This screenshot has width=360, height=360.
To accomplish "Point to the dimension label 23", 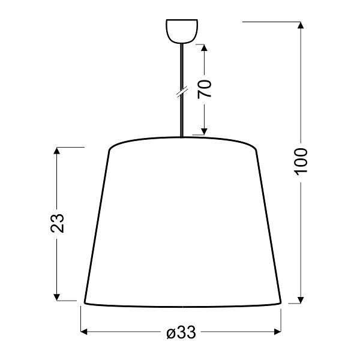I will [x=58, y=223].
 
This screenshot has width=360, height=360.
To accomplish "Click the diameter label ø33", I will [x=182, y=332].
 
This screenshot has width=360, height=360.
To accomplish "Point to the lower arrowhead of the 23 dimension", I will [x=58, y=296].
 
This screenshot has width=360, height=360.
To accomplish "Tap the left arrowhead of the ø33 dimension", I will [x=85, y=332].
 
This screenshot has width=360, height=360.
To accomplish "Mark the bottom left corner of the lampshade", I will [x=83, y=302].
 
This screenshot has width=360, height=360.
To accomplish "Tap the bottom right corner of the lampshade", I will [x=280, y=302].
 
